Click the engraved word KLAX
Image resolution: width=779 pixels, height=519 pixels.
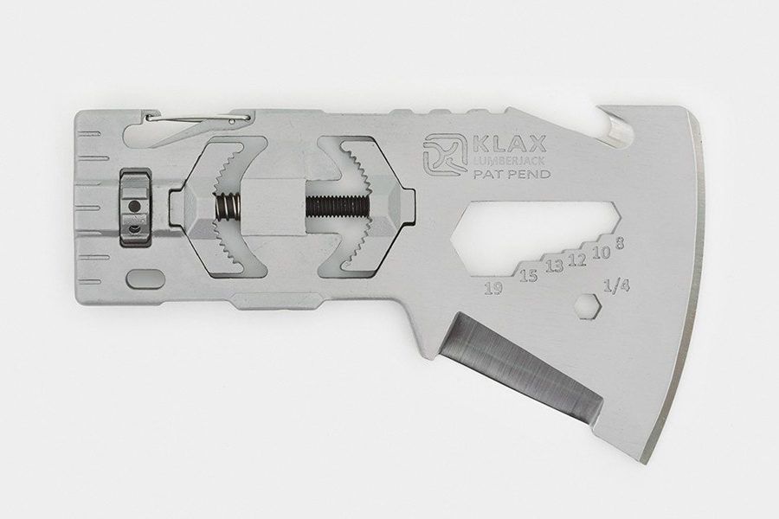tap(510, 144)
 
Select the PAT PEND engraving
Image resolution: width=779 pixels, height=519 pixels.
tap(512, 174)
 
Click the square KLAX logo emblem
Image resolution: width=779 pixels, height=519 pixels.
tap(446, 156)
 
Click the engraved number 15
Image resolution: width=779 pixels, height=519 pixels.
tap(529, 275)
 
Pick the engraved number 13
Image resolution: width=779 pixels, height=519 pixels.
tap(554, 266)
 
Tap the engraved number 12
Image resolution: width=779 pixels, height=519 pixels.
tap(576, 259)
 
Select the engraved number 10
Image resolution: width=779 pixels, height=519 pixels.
tap(601, 253)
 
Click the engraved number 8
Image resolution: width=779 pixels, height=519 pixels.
tap(620, 243)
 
